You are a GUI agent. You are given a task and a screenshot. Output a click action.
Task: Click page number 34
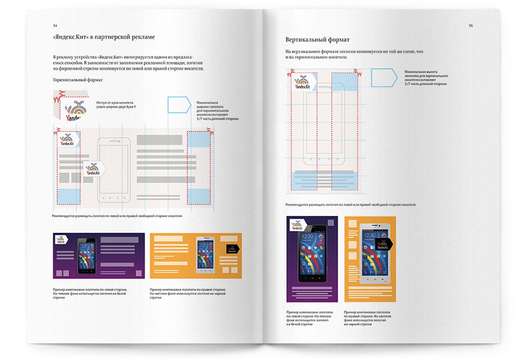click(55, 26)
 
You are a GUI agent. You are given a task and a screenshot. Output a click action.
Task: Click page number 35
click(471, 26)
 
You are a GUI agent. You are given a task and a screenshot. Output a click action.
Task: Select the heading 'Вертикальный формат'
click(317, 40)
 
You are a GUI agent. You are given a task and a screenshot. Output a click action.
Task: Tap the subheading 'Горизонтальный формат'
click(78, 80)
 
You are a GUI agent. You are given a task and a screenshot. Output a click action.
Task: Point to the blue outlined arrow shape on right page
click(383, 77)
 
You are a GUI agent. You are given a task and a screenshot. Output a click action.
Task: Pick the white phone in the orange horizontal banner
click(206, 254)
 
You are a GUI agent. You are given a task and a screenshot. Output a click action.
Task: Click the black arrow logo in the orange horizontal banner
click(232, 249)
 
